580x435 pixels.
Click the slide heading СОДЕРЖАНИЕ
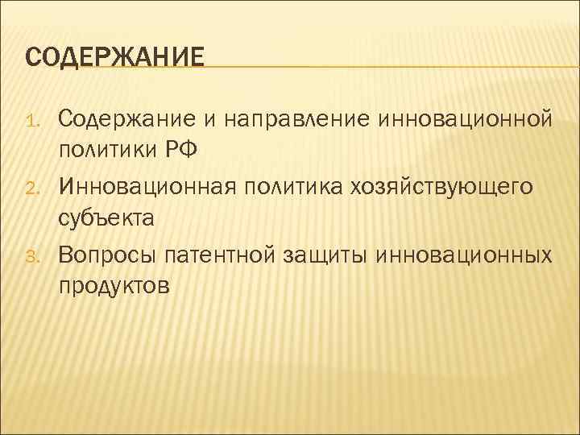pos(114,59)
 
